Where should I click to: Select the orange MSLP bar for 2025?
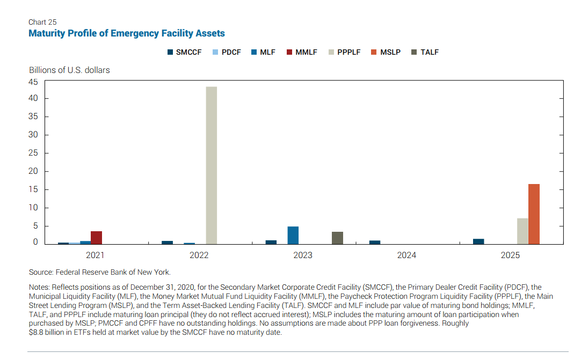pyautogui.click(x=534, y=214)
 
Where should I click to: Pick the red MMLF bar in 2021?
pyautogui.click(x=96, y=238)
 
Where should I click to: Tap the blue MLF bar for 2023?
pyautogui.click(x=293, y=236)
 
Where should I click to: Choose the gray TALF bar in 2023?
pyautogui.click(x=337, y=238)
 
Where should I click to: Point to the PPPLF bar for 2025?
pyautogui.click(x=522, y=231)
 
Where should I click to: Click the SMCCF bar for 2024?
pyautogui.click(x=375, y=243)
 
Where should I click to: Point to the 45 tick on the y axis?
pyautogui.click(x=33, y=82)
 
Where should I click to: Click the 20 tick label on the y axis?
pyautogui.click(x=33, y=171)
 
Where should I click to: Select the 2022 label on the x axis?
pyautogui.click(x=199, y=255)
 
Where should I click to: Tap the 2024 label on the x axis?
pyautogui.click(x=406, y=255)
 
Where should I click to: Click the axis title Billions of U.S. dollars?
pyautogui.click(x=69, y=70)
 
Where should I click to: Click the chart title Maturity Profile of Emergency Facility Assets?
pyautogui.click(x=127, y=33)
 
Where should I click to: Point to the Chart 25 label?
pyautogui.click(x=42, y=22)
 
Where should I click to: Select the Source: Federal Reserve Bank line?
pyautogui.click(x=100, y=272)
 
